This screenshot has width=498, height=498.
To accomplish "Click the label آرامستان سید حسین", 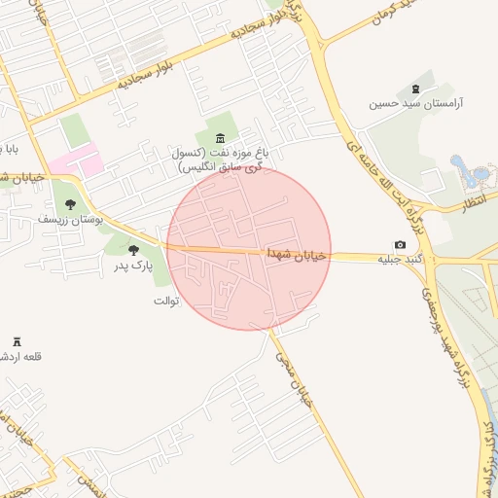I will coord(420,102).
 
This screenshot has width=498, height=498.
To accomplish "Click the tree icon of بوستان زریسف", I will coord(70,204).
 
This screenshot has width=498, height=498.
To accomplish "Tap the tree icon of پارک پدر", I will coord(133,250).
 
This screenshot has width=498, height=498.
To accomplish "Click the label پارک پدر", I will coord(132,265).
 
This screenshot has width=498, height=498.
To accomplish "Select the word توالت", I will coord(166,301).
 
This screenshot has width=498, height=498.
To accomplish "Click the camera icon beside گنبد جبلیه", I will coord(400,244).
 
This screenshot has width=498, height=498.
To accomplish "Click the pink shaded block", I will coord(76,160).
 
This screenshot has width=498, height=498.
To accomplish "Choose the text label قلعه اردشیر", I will coord(14,356).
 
